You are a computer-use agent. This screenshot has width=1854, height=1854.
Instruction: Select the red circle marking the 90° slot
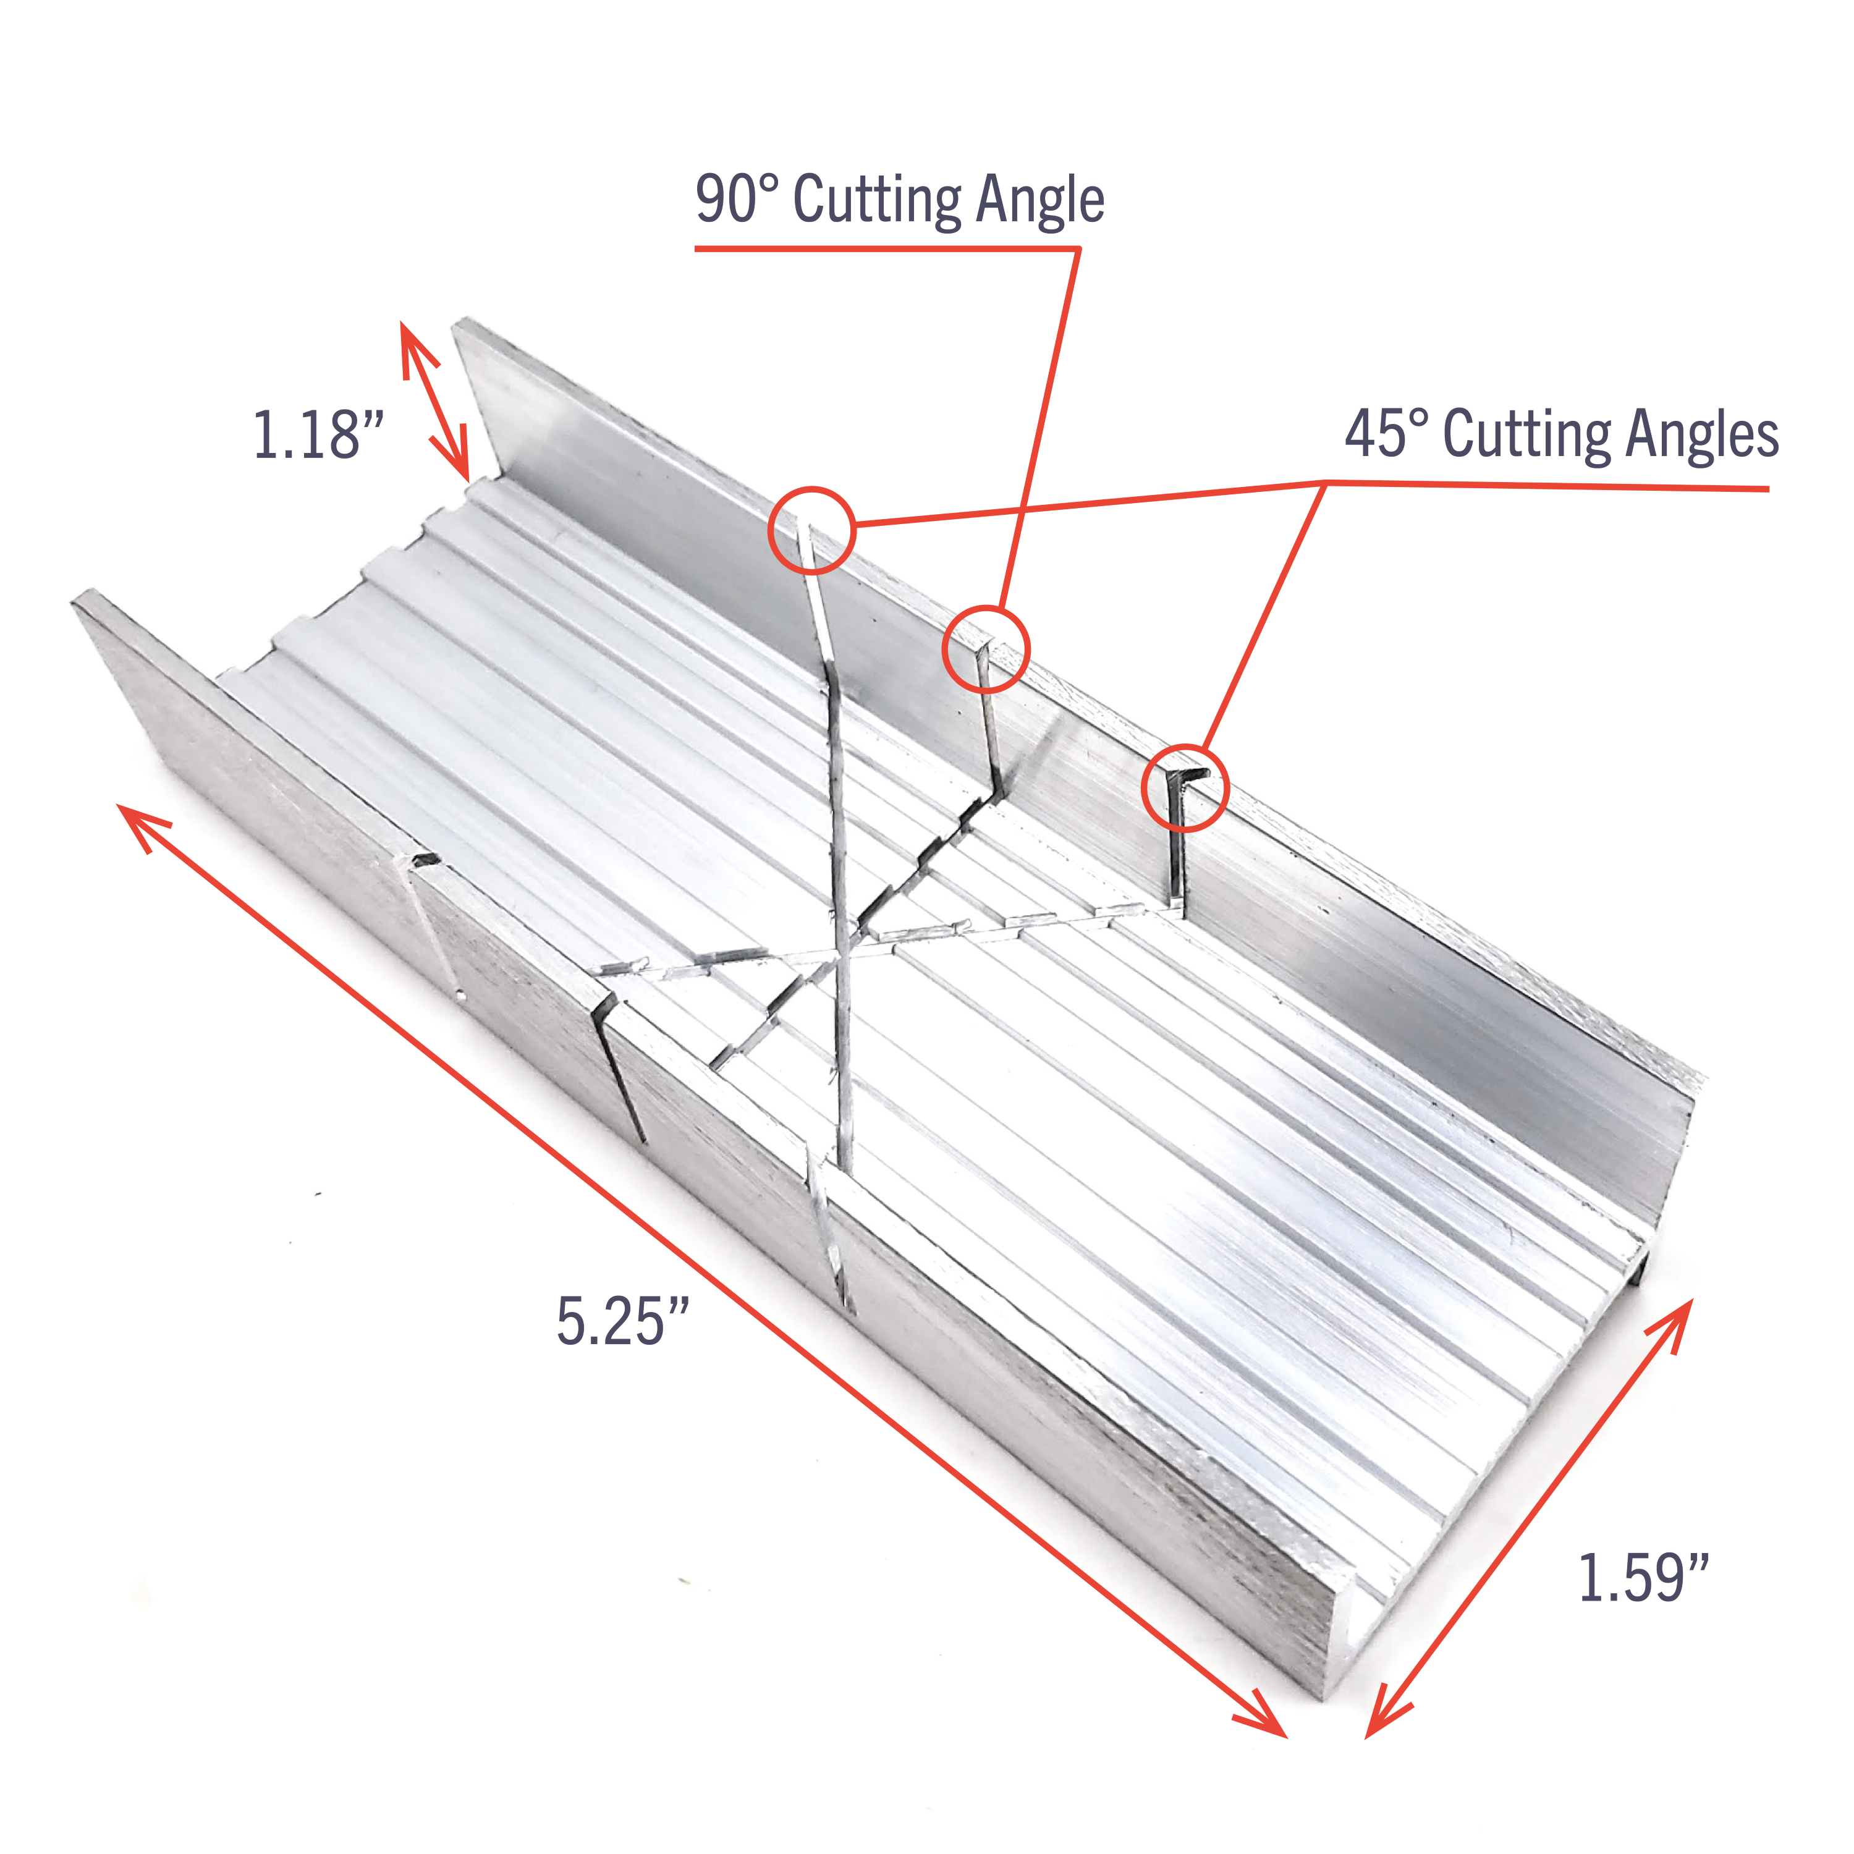click(986, 650)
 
